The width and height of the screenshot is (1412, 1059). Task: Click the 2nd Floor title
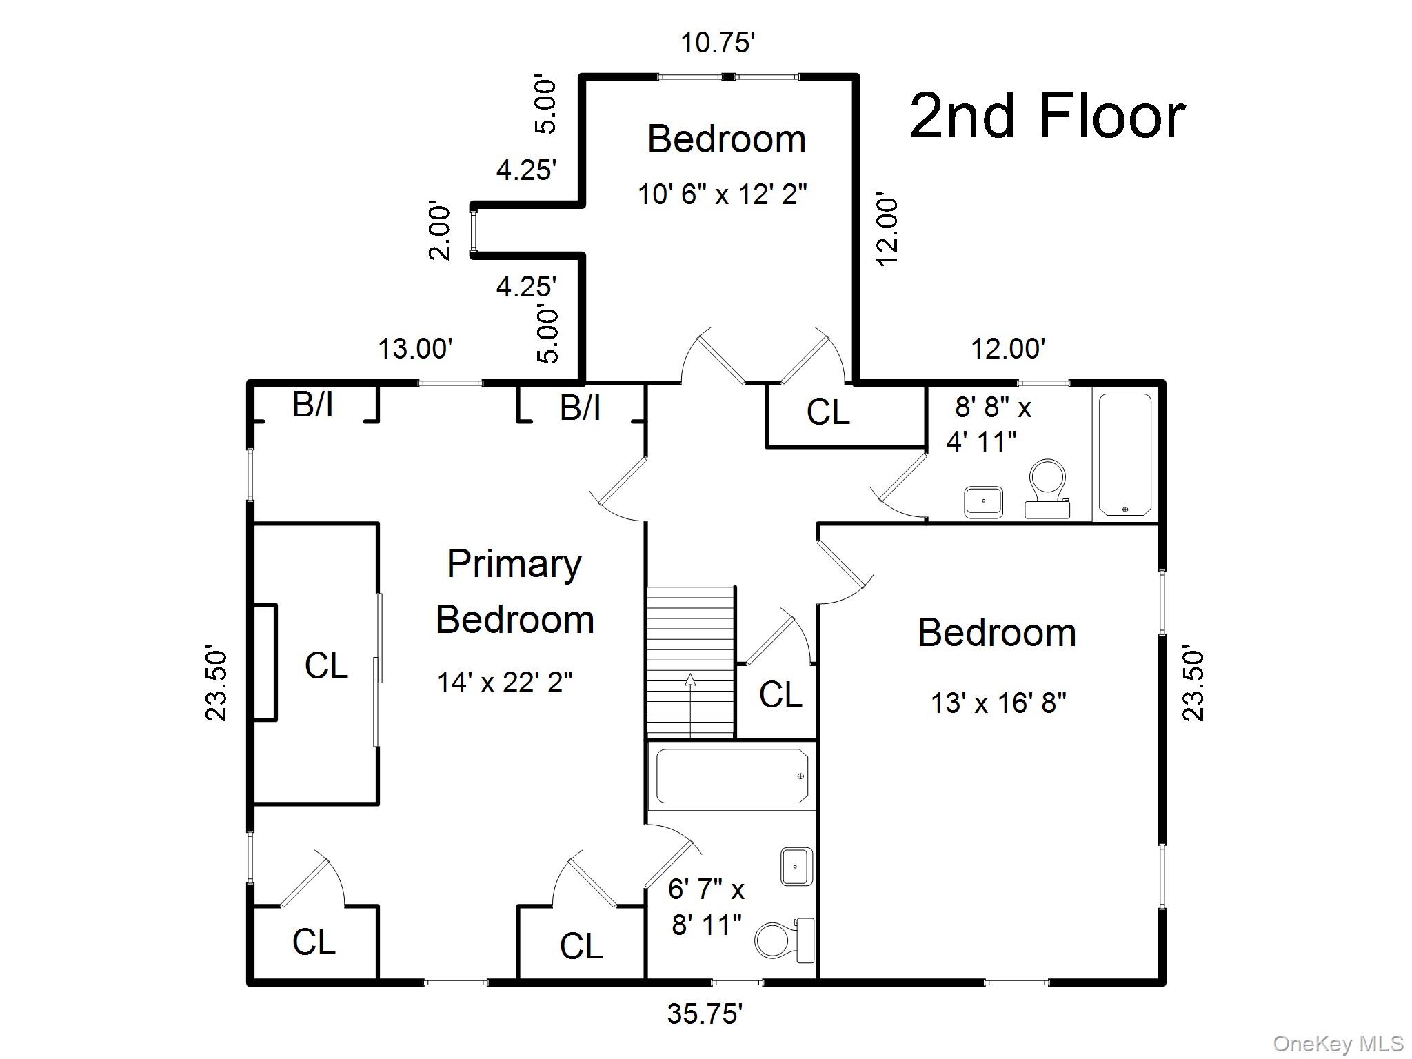(x=1047, y=116)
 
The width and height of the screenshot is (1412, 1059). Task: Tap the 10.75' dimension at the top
(x=717, y=43)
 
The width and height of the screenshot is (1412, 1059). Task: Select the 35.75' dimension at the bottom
(x=704, y=1013)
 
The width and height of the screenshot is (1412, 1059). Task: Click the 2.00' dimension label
(x=439, y=231)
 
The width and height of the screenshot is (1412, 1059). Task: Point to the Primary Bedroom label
(x=514, y=592)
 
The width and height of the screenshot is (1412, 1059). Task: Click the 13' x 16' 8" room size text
(x=998, y=703)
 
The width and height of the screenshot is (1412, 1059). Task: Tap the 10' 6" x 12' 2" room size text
(x=721, y=194)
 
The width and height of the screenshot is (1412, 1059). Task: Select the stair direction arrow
(x=690, y=703)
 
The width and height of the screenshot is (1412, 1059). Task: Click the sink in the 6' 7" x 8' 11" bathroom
(x=796, y=866)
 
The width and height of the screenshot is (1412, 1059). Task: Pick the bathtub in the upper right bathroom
(x=1124, y=454)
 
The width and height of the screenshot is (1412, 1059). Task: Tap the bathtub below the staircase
(x=732, y=776)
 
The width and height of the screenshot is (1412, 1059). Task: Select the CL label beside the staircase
(x=780, y=694)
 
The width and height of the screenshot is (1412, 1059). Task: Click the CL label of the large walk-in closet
(x=326, y=666)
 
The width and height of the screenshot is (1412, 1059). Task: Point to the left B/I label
(x=313, y=404)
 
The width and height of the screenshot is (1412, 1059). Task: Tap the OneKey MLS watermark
(x=1338, y=1044)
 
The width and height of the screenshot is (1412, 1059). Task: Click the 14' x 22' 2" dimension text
(x=505, y=683)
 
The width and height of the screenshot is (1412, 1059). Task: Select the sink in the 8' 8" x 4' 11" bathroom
(x=983, y=501)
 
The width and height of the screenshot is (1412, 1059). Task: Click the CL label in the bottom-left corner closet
(x=314, y=942)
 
